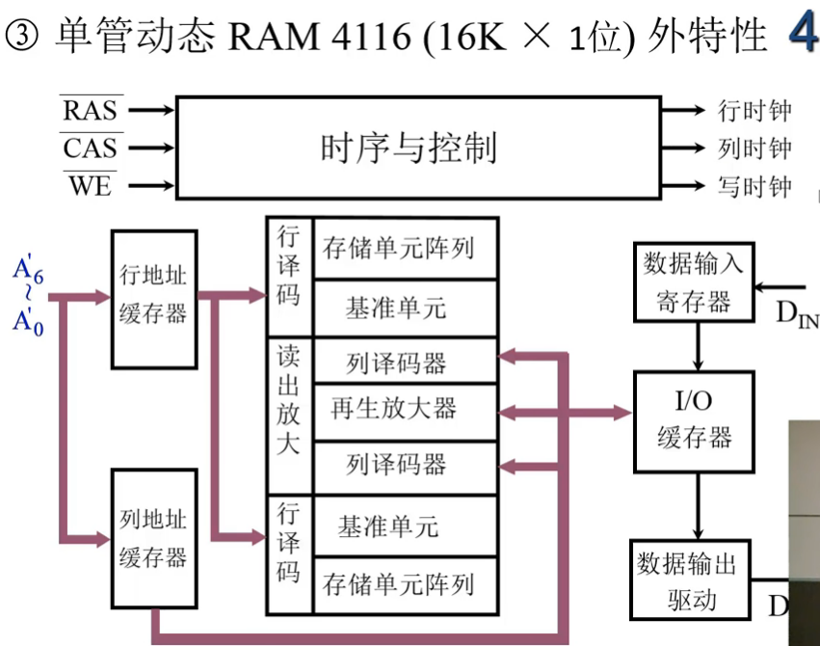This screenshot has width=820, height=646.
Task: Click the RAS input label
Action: [90, 110]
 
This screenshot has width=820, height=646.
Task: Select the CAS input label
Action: [90, 148]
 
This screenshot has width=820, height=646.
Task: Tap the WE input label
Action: [90, 185]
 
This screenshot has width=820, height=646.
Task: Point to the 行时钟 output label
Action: [754, 111]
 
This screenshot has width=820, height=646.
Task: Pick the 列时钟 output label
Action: [754, 148]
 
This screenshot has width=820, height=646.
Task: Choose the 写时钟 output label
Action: [754, 186]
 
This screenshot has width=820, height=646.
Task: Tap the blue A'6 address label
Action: [28, 273]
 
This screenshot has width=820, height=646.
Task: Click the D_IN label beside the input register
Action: [796, 311]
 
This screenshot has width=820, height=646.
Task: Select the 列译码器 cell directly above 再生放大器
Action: [395, 363]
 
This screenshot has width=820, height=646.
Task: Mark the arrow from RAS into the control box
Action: [150, 110]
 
